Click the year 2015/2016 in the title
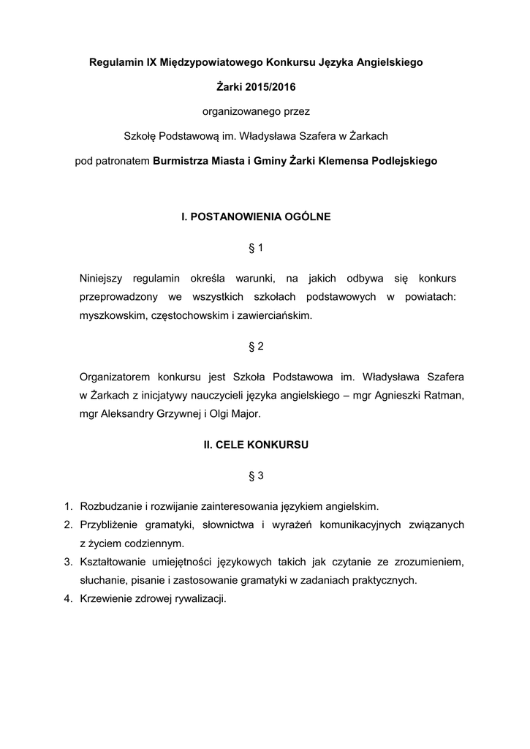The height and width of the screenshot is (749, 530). tap(272, 87)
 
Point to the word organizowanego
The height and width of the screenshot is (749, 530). tap(232, 111)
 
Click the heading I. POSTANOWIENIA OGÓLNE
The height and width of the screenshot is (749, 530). tap(256, 217)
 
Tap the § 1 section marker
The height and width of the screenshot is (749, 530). tap(256, 249)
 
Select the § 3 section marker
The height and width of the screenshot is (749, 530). tap(256, 476)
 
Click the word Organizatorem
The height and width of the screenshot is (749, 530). tap(115, 377)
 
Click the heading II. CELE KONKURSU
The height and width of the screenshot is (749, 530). tap(256, 444)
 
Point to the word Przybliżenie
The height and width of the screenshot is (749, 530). tap(110, 524)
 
